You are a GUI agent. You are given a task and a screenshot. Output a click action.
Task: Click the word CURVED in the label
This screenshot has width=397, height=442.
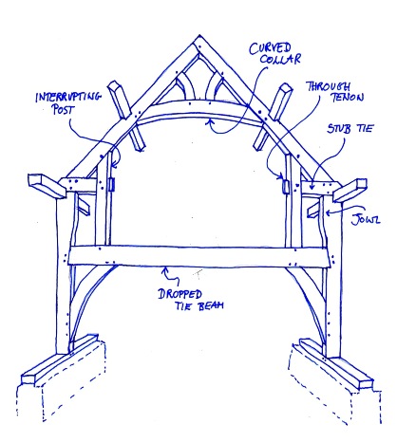(270, 48)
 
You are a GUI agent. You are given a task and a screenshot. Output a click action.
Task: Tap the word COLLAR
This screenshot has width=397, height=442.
(280, 60)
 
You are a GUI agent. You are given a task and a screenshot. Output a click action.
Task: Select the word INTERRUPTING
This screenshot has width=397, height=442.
(68, 97)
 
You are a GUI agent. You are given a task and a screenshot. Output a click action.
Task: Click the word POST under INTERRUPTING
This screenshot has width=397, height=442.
(64, 110)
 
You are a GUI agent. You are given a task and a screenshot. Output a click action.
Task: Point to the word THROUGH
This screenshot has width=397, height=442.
(330, 86)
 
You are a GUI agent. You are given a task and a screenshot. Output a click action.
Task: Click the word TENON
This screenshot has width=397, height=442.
(348, 97)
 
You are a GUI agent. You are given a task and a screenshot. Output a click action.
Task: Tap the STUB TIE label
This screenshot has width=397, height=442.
(350, 128)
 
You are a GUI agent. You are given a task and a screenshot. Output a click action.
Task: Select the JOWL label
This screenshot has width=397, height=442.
(366, 219)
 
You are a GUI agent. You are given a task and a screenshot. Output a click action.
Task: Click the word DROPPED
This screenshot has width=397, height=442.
(180, 294)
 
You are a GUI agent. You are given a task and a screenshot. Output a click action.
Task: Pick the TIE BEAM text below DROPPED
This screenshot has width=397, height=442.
(199, 305)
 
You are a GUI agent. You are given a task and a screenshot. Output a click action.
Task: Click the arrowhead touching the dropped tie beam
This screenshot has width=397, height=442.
(165, 270)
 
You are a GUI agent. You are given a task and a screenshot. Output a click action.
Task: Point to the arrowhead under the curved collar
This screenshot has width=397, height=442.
(209, 121)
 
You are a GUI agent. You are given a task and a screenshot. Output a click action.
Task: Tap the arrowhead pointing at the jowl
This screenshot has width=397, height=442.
(329, 212)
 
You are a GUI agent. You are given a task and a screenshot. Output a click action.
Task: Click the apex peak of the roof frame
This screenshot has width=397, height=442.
(199, 35)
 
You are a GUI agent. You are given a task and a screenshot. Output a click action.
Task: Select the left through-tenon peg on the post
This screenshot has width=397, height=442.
(111, 185)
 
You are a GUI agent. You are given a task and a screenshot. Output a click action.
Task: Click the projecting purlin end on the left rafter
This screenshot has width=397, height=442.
(120, 100)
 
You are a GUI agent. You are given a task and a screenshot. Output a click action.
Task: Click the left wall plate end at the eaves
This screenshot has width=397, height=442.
(47, 186)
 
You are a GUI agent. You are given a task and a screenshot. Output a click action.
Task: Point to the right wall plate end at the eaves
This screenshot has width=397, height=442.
(350, 191)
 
